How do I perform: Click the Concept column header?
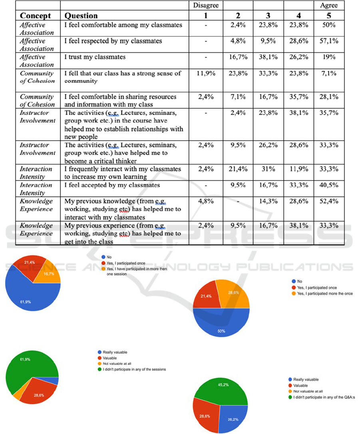tap(36, 16)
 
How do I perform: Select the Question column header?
tap(81, 16)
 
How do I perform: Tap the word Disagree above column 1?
tap(206, 5)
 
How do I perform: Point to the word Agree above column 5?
tap(329, 5)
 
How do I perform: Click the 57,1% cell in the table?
tap(329, 41)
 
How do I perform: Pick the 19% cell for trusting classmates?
tap(329, 57)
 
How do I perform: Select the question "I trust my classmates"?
tap(95, 57)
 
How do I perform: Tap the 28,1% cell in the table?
tap(329, 97)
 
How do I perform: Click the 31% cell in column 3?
tap(268, 169)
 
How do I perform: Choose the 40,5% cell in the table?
tap(329, 185)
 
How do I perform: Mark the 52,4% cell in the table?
tap(329, 201)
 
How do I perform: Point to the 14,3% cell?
tap(268, 201)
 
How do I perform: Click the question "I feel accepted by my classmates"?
tap(112, 185)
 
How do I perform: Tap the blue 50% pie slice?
tap(221, 324)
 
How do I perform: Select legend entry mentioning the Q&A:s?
tap(322, 397)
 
